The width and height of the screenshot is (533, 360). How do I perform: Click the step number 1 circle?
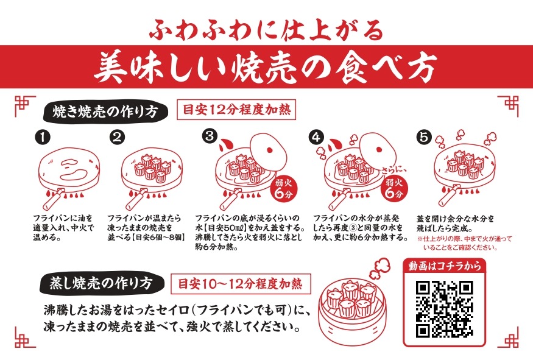click(41, 137)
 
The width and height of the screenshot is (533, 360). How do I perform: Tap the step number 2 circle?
click(117, 137)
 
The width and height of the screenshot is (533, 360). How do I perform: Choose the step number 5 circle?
click(423, 137)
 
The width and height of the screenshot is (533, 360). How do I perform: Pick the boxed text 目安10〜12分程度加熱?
click(244, 283)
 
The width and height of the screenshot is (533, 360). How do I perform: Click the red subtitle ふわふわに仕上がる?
click(266, 27)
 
